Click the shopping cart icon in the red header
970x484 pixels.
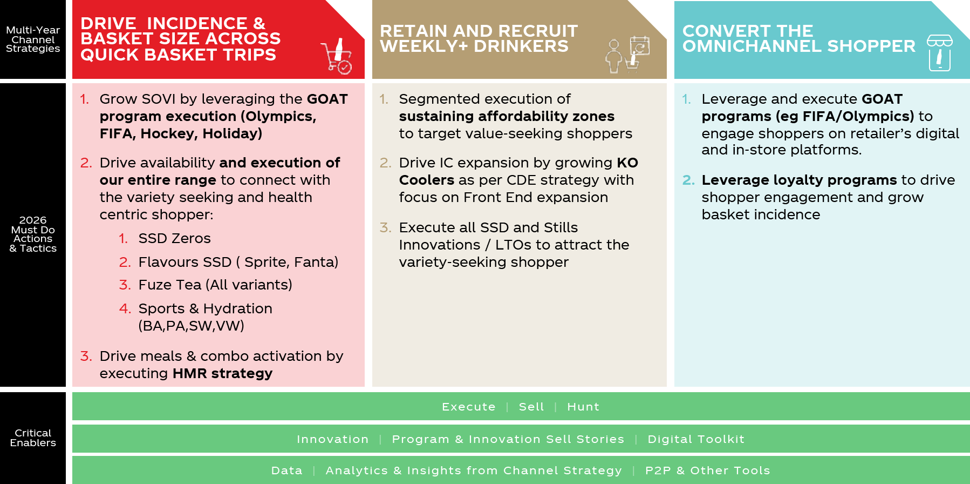click(337, 56)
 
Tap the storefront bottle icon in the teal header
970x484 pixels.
click(939, 53)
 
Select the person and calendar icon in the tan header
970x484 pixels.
click(627, 55)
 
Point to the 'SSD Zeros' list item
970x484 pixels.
click(174, 238)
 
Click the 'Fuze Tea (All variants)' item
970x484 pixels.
click(215, 285)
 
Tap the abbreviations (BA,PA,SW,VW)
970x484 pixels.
click(192, 326)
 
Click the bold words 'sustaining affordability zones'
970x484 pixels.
click(507, 117)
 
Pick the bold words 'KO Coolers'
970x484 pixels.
click(518, 171)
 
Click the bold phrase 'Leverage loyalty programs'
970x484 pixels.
click(799, 180)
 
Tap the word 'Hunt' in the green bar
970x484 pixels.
click(583, 407)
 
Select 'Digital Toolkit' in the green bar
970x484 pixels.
click(696, 439)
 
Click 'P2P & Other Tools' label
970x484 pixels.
click(708, 470)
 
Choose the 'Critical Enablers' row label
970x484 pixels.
click(33, 438)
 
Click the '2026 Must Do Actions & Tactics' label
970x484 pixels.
click(33, 234)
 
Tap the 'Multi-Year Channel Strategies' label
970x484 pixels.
click(33, 39)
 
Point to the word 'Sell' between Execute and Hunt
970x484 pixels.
click(531, 407)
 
